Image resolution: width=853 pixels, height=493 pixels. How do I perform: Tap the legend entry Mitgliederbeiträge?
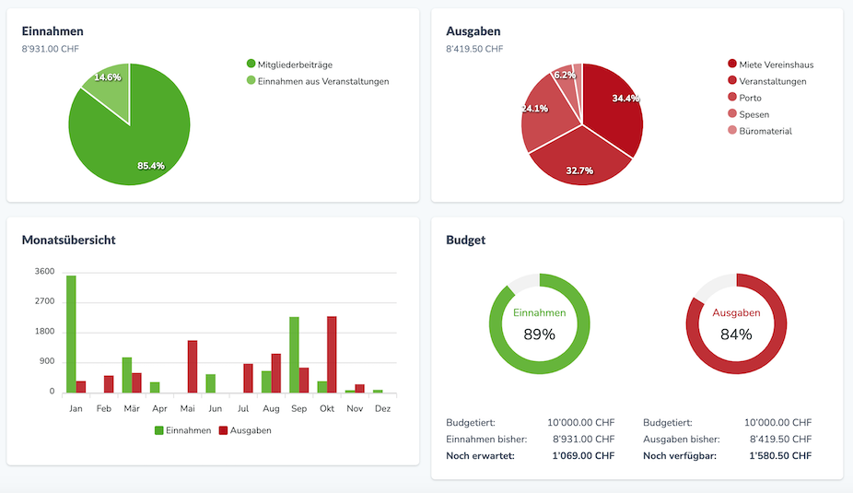(295, 65)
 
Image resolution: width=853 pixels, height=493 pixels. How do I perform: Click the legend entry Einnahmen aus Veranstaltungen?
(322, 81)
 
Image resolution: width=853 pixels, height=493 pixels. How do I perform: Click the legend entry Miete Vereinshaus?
(776, 65)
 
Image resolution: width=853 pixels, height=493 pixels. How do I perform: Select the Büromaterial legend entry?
(765, 131)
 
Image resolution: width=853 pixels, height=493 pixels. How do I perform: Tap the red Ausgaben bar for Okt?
(332, 354)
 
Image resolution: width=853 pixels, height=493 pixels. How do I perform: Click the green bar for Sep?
(294, 354)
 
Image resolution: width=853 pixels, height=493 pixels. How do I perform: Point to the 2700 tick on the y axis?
(44, 301)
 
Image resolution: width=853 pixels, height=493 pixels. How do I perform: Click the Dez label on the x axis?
(383, 407)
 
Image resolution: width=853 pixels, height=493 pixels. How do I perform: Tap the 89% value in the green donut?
(539, 335)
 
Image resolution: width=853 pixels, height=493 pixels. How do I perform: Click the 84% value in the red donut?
(736, 335)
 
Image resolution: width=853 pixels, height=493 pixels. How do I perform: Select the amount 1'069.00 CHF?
(583, 456)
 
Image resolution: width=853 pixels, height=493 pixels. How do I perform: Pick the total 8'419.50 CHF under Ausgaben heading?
(474, 49)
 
